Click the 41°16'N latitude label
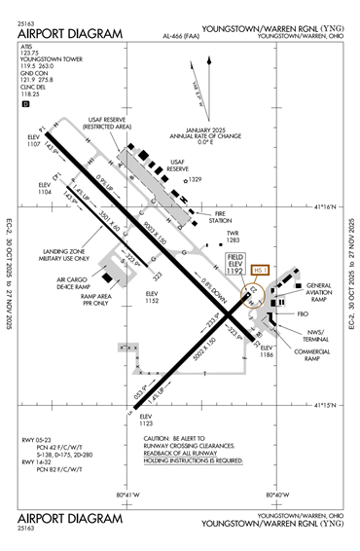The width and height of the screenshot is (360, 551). pyautogui.click(x=332, y=206)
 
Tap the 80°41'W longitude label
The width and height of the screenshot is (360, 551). pyautogui.click(x=128, y=497)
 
